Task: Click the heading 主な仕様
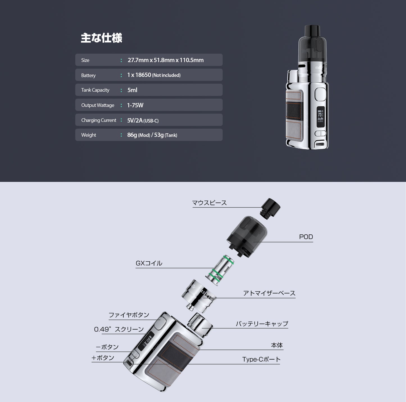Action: [x=101, y=38]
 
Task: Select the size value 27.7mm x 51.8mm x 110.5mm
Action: [x=165, y=60]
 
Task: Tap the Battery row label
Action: [x=88, y=76]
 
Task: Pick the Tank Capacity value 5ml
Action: [x=132, y=90]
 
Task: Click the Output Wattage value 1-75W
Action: [x=135, y=105]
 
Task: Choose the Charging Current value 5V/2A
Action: [x=135, y=120]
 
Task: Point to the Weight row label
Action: [x=89, y=135]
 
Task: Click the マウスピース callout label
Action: [x=209, y=203]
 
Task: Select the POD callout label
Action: [x=306, y=237]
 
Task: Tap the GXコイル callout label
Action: [x=149, y=263]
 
